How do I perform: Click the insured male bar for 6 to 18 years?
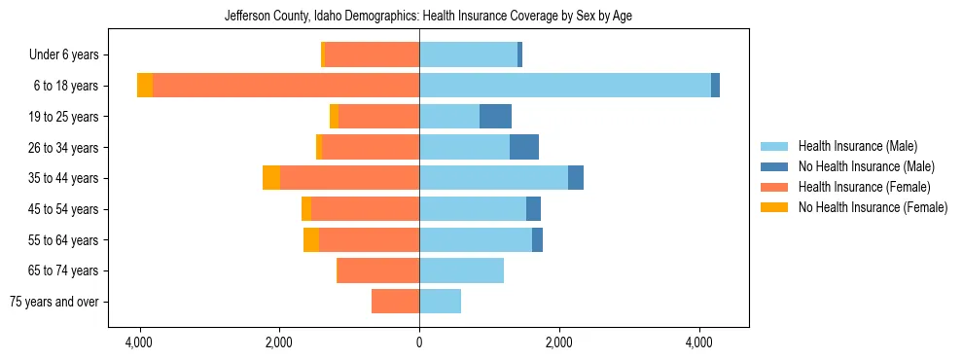point(564,86)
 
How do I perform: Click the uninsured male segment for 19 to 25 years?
point(495,117)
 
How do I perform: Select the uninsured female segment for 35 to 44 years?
point(271,178)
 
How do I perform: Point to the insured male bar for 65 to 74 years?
point(461,270)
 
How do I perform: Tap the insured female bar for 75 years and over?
point(395,302)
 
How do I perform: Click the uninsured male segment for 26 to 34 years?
point(523,148)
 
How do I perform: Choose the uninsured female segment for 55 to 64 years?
point(311,240)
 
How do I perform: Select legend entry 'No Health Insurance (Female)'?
point(873,207)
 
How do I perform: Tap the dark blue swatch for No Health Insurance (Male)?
point(774,166)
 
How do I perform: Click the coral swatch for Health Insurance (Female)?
point(774,187)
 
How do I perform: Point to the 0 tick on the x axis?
point(419,342)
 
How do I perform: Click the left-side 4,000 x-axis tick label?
point(139,342)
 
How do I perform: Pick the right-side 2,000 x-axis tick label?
point(559,342)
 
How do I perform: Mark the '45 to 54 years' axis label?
point(63,209)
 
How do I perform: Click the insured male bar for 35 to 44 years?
point(493,178)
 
